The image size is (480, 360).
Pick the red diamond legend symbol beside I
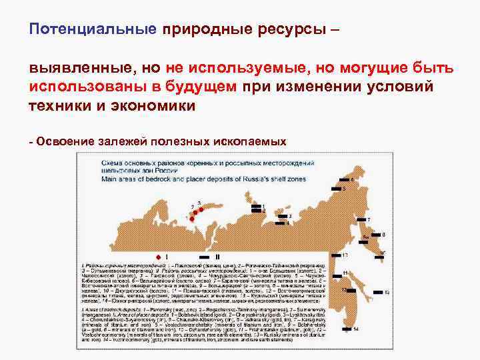(157, 256)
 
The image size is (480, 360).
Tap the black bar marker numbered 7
(361, 219)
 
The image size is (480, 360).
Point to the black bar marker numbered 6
(345, 180)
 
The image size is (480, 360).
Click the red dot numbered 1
(192, 218)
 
